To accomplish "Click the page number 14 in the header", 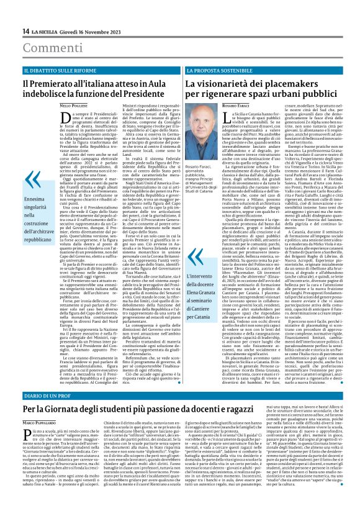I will [x=26, y=31].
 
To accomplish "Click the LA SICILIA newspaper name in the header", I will [x=47, y=31].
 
